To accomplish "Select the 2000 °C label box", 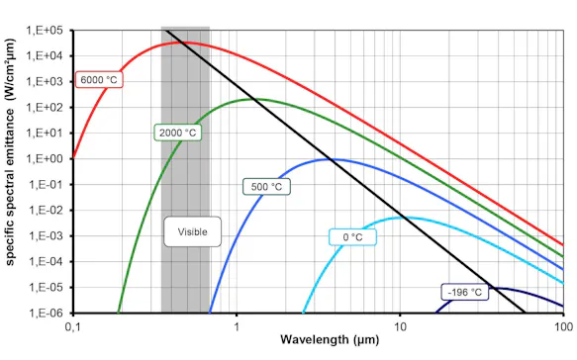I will click(178, 132).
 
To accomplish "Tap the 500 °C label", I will click(266, 185).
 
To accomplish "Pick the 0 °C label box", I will click(352, 236).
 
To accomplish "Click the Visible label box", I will click(192, 232).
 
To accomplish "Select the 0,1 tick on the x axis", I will click(72, 325).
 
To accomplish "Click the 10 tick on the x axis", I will click(400, 325).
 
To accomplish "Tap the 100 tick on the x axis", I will click(561, 325).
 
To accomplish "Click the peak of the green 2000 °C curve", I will click(260, 99).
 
